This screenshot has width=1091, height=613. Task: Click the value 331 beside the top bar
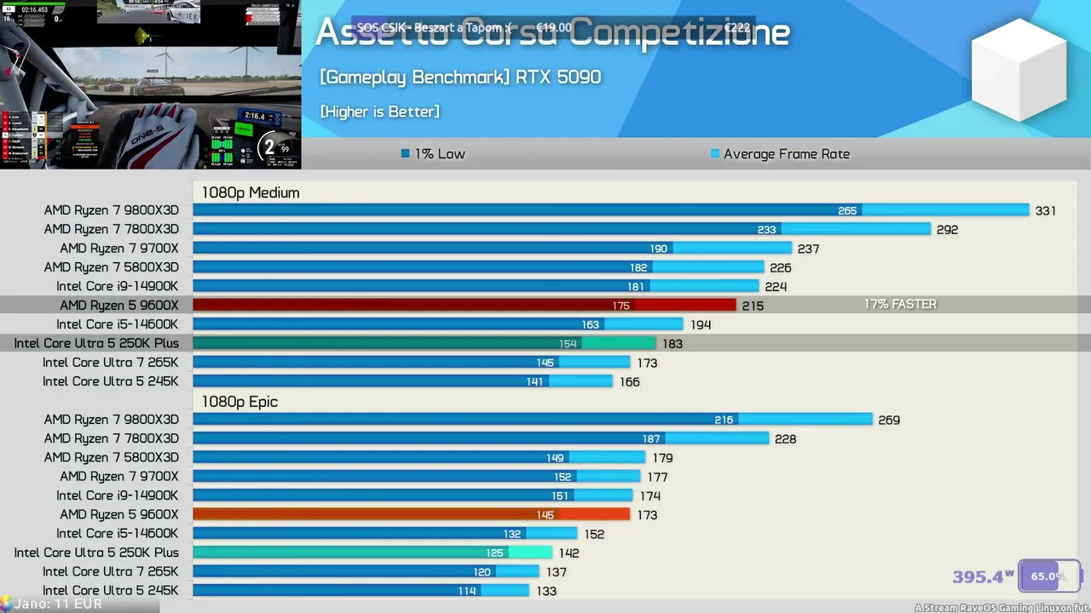coord(1046,210)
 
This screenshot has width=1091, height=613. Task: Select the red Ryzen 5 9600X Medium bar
coord(464,305)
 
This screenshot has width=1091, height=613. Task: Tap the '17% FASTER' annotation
coord(900,304)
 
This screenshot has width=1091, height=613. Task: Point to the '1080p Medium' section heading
coord(251,192)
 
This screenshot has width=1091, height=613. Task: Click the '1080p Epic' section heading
coord(240,401)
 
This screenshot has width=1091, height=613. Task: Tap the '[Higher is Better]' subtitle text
coord(379,112)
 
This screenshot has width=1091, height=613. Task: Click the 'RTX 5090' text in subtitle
coord(558,77)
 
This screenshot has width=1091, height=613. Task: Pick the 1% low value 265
coord(847,210)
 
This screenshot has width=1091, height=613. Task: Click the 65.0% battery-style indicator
coord(1048,576)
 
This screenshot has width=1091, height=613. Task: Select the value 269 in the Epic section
coord(889,420)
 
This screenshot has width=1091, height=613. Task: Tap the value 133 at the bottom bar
coord(546,591)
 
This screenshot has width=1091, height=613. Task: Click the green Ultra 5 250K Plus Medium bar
coord(424,343)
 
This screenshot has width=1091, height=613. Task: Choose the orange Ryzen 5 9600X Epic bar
coord(411,514)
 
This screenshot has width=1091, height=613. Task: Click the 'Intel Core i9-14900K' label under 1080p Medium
coord(118,286)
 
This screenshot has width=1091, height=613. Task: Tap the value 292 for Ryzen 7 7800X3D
coord(947,229)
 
